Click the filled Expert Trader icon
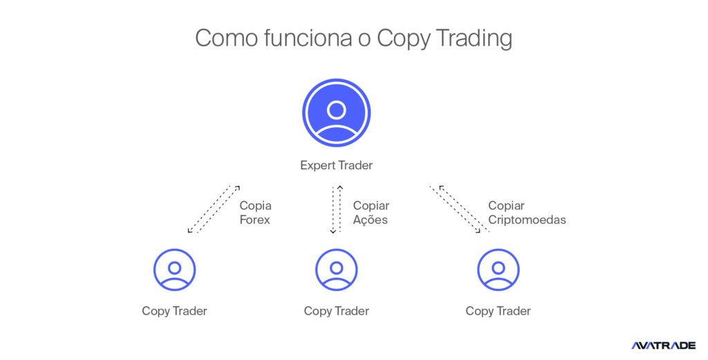pos(337,113)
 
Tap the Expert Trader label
pos(337,165)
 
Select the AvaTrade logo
pos(663,345)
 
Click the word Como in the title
pos(227,38)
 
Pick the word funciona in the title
pos(308,38)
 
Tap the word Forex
pos(254,220)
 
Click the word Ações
pos(371,220)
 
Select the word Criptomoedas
pos(527,220)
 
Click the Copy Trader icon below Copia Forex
pos(174,269)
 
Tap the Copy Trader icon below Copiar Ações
pos(337,269)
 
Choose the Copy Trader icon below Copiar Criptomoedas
pos(499,269)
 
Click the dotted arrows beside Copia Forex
pos(214,209)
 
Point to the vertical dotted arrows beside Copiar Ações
pos(337,209)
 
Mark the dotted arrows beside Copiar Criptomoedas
pos(460,209)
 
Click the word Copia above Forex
pos(256,206)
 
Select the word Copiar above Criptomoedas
pos(506,206)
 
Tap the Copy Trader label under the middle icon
pos(337,311)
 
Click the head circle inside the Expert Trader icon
pos(337,110)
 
